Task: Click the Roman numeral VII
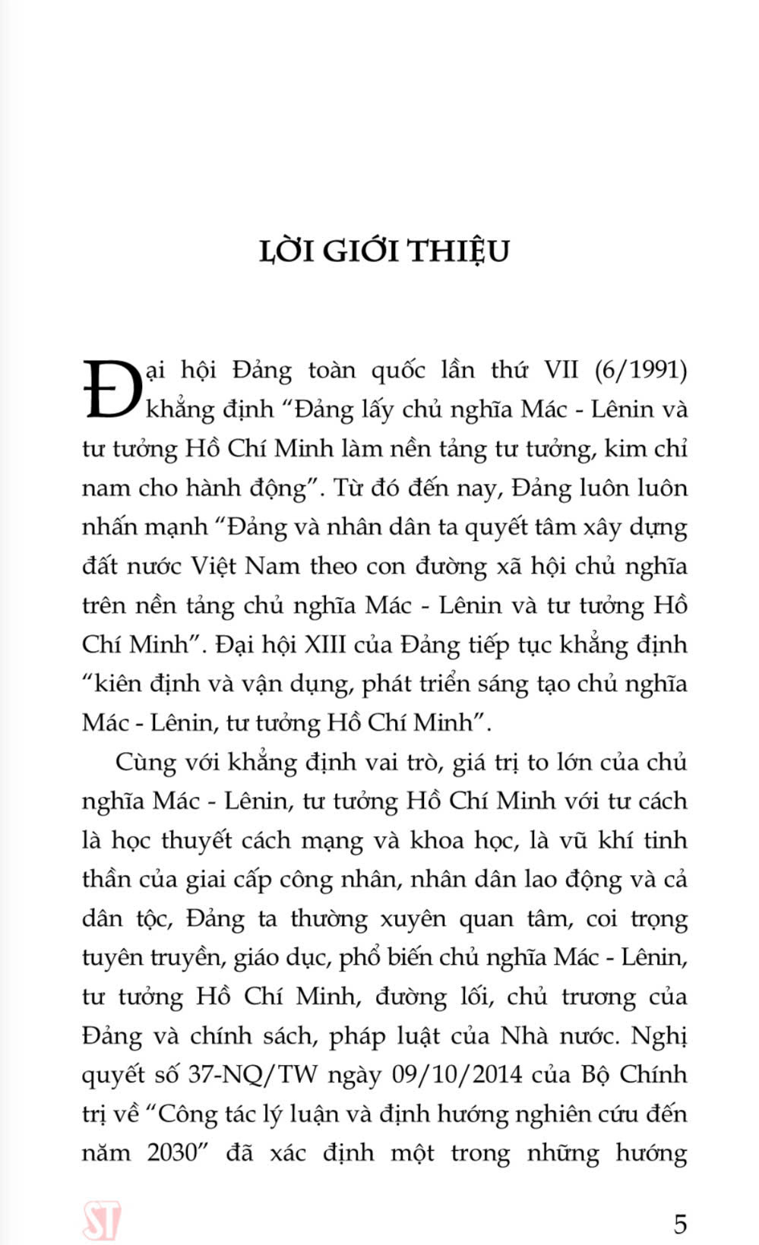coord(561,370)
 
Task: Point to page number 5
coord(680,1224)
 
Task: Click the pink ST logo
coord(103,1221)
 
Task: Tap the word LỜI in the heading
coord(288,251)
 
